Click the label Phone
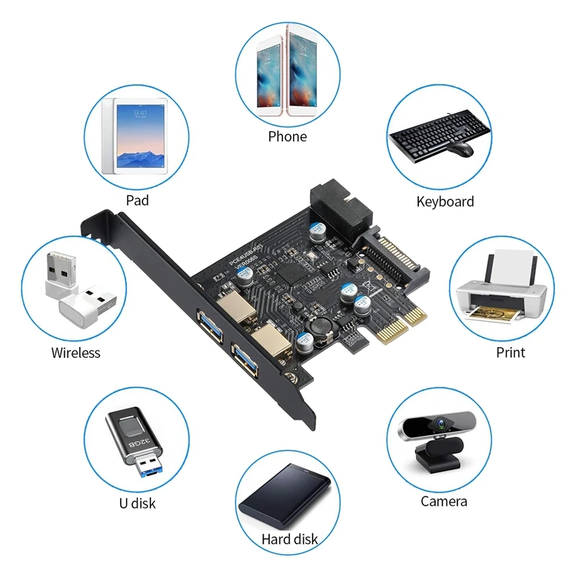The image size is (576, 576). (287, 137)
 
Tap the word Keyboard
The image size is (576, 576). (445, 202)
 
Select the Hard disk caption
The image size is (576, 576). (289, 539)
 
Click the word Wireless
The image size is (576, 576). (76, 353)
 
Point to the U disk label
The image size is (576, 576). (137, 503)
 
